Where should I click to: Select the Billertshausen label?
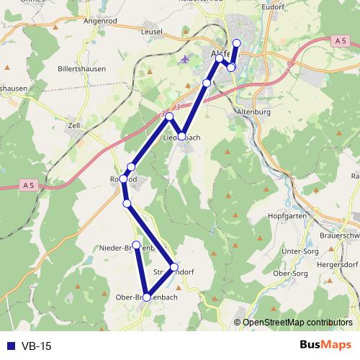82,69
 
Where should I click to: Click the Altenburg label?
252,113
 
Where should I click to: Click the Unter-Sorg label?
302,251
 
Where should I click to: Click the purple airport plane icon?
186,58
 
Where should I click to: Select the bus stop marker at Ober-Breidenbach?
147,297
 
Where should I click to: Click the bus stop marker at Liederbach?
183,135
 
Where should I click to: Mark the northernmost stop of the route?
237,42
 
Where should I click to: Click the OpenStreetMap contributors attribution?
297,322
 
